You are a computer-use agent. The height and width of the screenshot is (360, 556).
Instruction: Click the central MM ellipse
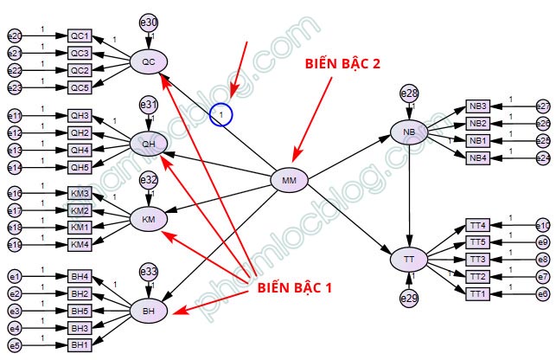[289, 180]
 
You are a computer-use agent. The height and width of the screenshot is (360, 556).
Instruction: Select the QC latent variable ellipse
[148, 61]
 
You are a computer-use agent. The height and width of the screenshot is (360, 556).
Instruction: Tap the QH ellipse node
[148, 143]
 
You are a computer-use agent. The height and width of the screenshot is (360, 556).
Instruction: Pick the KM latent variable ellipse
[148, 219]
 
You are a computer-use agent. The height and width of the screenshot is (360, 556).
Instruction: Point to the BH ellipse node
[148, 309]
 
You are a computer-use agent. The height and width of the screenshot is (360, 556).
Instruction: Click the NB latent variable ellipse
[409, 133]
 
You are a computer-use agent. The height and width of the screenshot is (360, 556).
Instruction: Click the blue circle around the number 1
[221, 114]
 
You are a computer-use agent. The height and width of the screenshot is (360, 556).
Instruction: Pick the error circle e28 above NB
[409, 93]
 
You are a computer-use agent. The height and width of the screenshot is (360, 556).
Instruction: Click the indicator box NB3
[478, 106]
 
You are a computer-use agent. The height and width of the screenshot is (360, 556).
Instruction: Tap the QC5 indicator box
[80, 87]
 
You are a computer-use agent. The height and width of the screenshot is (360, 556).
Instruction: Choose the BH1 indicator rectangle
[80, 345]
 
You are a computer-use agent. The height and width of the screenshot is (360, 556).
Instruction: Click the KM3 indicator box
[80, 193]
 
